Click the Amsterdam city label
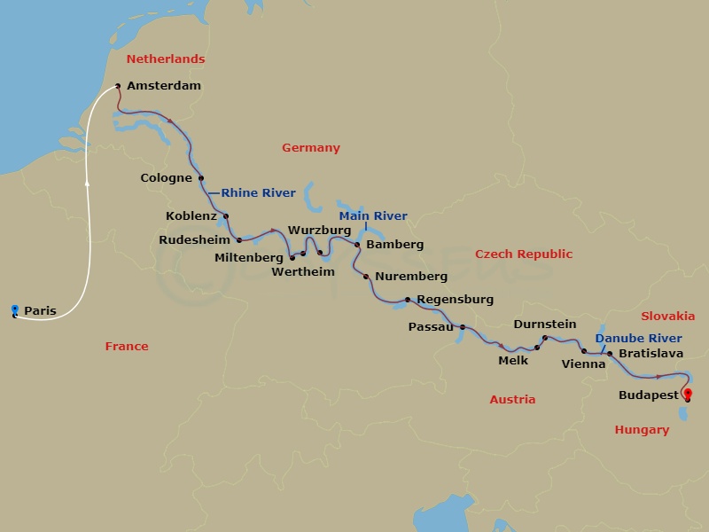164,86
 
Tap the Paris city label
40,311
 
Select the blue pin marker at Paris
15,309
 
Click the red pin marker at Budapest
687,395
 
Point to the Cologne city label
167,178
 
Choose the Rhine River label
258,193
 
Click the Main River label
374,216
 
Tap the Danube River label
638,339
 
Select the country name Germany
311,148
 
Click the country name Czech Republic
524,254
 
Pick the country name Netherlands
166,59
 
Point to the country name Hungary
642,430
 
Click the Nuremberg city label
411,277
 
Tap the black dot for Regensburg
408,299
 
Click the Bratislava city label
651,354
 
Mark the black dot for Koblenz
226,216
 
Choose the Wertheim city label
304,272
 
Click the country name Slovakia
668,317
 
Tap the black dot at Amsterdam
118,87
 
